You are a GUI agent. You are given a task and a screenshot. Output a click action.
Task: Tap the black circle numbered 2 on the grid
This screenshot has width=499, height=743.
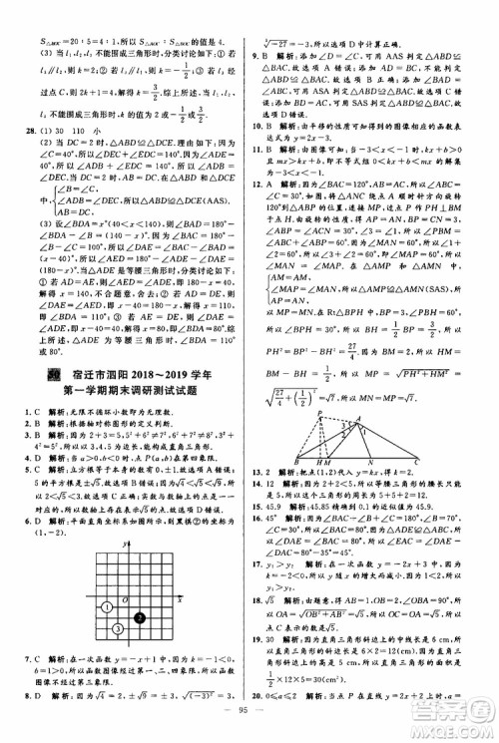click(x=141, y=618)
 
